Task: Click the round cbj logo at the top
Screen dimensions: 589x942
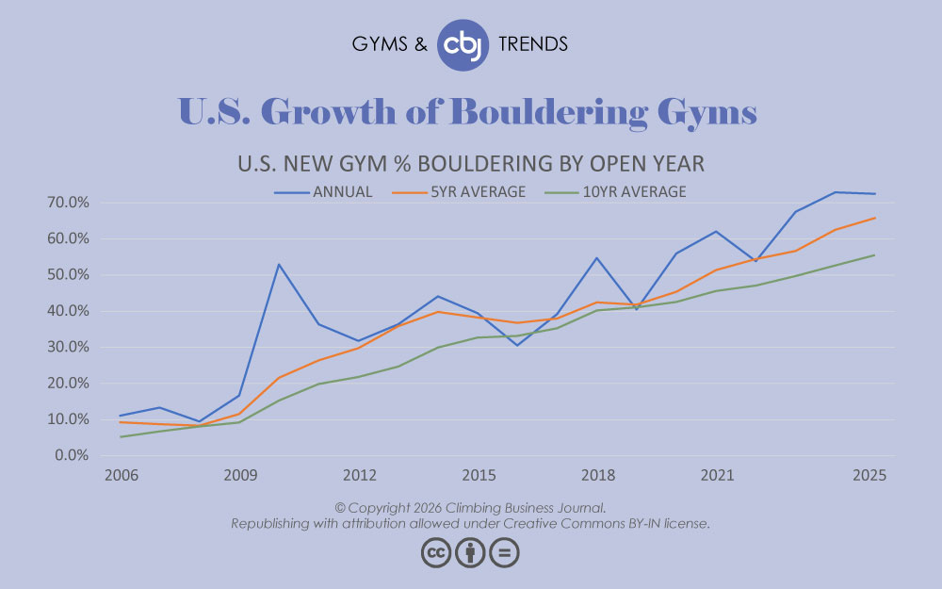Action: click(463, 44)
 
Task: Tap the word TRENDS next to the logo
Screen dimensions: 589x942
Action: click(532, 44)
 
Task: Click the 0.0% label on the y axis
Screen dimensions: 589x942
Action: click(73, 455)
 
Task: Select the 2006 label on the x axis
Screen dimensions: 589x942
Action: click(121, 476)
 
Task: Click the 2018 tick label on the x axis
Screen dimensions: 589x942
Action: click(598, 476)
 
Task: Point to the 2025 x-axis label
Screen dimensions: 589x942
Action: click(868, 476)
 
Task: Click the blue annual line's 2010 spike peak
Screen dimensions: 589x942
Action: click(279, 264)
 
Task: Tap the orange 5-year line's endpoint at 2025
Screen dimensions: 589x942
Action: click(875, 218)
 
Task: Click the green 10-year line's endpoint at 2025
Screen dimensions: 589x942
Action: click(875, 255)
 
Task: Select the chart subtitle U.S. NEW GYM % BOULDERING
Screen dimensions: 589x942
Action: click(470, 163)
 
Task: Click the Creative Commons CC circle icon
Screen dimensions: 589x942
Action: click(436, 552)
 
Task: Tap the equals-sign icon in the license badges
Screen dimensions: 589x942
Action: click(504, 552)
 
